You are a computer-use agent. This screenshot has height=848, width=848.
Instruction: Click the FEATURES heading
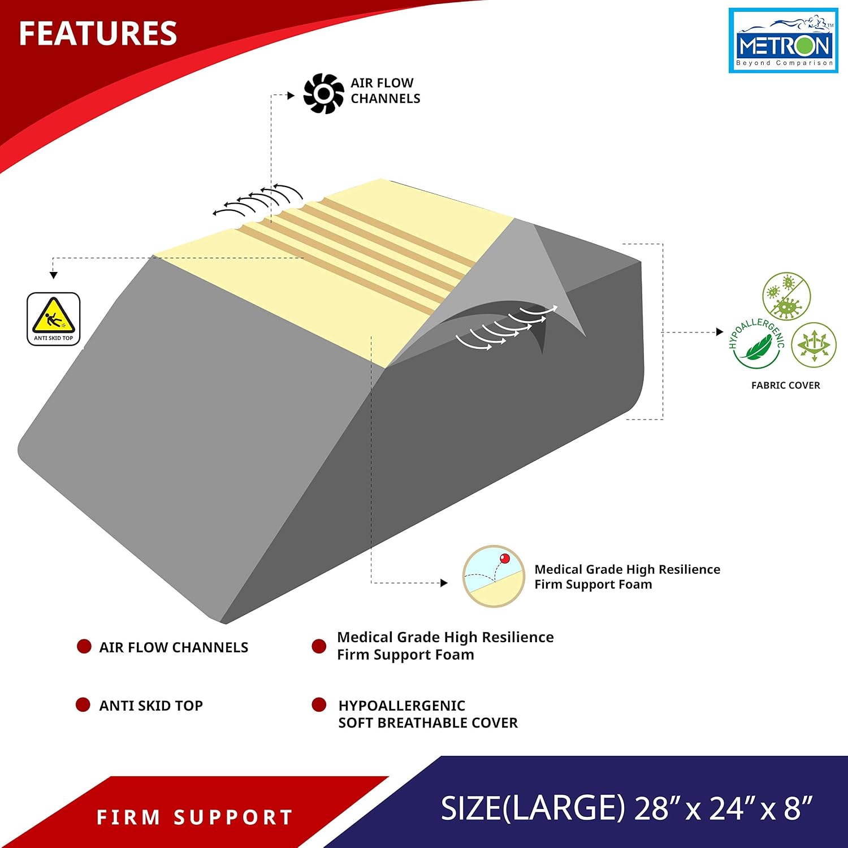(x=98, y=33)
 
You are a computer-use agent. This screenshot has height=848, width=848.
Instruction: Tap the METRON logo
(x=783, y=41)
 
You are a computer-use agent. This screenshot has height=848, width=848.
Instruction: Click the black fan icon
(x=323, y=93)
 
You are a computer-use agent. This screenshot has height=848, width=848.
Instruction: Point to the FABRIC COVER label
(x=785, y=386)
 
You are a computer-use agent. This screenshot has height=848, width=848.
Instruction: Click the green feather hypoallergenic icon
(x=756, y=344)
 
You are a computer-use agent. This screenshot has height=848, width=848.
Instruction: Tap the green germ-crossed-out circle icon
(x=786, y=296)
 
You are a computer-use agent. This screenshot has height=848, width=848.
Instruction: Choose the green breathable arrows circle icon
(x=814, y=345)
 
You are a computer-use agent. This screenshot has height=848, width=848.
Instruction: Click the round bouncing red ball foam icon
(x=494, y=577)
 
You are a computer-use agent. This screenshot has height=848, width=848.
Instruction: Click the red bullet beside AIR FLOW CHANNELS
(x=84, y=646)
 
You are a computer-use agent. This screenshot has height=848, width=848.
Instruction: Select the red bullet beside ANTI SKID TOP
(x=83, y=704)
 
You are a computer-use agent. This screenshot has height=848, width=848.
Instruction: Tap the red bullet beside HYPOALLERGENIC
(x=319, y=704)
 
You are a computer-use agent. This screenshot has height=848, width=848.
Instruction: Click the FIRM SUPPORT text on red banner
(x=194, y=817)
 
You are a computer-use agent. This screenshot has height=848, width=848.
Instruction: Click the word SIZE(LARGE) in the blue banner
(x=533, y=808)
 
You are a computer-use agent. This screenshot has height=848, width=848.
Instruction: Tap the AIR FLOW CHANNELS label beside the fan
(x=385, y=90)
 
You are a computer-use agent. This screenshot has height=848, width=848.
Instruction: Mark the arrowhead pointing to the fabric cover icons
(x=720, y=332)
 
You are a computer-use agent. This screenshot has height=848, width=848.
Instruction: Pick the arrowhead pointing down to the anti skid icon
(x=54, y=275)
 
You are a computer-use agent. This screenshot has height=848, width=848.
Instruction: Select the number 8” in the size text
(x=798, y=808)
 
